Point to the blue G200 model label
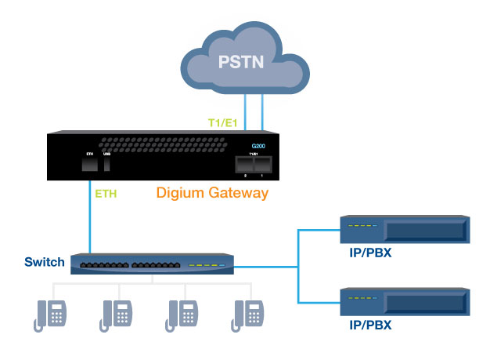pos(258,147)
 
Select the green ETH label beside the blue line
pos(106,192)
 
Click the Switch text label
pos(40,262)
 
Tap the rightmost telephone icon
pos(247,314)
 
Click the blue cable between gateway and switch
pos(90,224)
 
